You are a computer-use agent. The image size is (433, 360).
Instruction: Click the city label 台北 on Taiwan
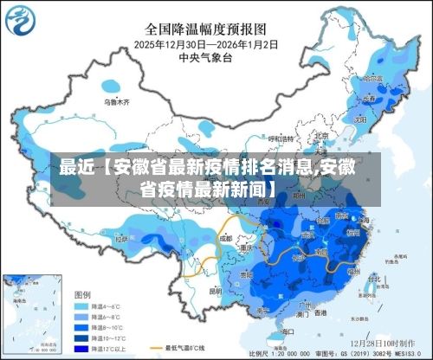(365, 275)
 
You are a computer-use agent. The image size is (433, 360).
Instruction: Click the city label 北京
(321, 136)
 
